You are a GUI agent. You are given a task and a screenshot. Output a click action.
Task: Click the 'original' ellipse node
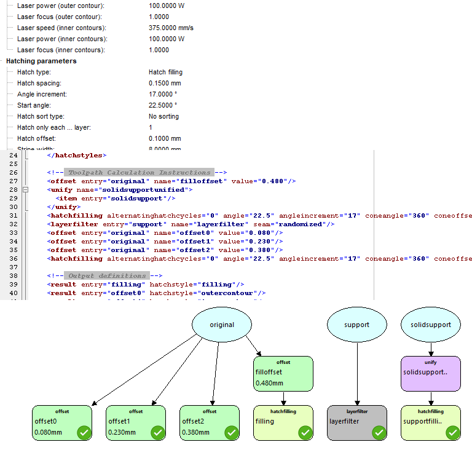[x=222, y=324]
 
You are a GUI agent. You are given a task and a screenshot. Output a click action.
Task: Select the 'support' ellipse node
[x=357, y=324]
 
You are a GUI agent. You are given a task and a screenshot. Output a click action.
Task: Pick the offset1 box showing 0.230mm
[x=136, y=423]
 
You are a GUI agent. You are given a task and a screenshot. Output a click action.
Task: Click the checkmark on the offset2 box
[x=231, y=433]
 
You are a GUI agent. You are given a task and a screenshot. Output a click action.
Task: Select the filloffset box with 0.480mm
[x=283, y=374]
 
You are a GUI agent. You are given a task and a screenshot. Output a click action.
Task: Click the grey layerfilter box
[x=357, y=423]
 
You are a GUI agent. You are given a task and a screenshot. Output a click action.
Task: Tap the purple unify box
[x=430, y=374]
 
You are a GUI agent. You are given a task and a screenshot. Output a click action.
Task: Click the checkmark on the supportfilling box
[x=452, y=433]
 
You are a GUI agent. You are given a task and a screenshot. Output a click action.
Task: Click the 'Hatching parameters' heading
[x=41, y=61]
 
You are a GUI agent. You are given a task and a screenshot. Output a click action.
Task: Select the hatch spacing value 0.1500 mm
[x=165, y=84]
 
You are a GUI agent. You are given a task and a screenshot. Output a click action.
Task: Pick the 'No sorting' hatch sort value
[x=163, y=117]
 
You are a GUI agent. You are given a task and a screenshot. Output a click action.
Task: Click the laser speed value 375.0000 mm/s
[x=171, y=28]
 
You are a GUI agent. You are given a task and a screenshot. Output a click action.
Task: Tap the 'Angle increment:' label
[x=42, y=95]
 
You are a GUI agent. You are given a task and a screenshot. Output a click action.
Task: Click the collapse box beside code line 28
[x=25, y=190]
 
